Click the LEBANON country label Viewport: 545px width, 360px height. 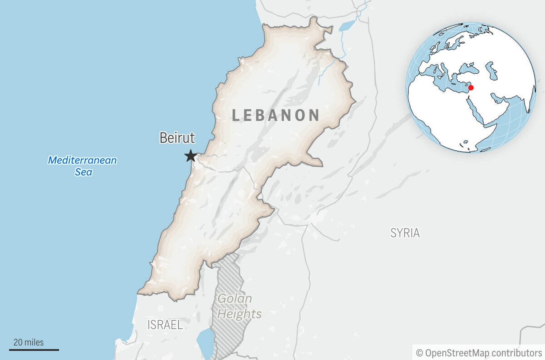[276, 115]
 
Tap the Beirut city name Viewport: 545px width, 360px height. [177, 138]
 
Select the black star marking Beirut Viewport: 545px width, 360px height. [190, 156]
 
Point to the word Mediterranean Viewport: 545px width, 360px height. [82, 160]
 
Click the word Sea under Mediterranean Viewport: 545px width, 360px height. [83, 172]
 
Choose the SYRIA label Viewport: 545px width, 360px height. [405, 233]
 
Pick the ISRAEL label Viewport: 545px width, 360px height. [165, 325]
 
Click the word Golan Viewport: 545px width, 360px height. [235, 298]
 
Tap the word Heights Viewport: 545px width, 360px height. [239, 314]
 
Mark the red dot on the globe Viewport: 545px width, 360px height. [471, 88]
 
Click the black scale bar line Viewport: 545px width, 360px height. [34, 350]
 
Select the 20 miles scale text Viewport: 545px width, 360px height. [28, 342]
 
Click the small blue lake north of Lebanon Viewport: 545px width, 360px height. [346, 26]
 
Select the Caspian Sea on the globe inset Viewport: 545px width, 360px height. [491, 71]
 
